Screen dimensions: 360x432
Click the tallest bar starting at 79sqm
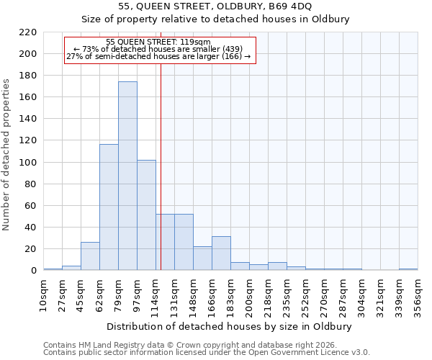[x=127, y=176]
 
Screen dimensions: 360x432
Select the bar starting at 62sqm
[x=109, y=207]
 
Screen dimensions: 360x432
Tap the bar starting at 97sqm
[x=146, y=215]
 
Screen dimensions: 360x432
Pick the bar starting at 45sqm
[x=90, y=256]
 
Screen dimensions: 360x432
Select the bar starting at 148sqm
[x=202, y=258]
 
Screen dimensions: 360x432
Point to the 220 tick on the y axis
[x=28, y=32]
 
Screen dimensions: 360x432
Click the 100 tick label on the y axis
[x=28, y=163]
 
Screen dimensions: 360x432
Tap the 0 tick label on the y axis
[x=33, y=271]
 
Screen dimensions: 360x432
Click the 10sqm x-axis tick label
[x=43, y=293]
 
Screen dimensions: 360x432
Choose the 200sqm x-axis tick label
[x=249, y=293]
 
